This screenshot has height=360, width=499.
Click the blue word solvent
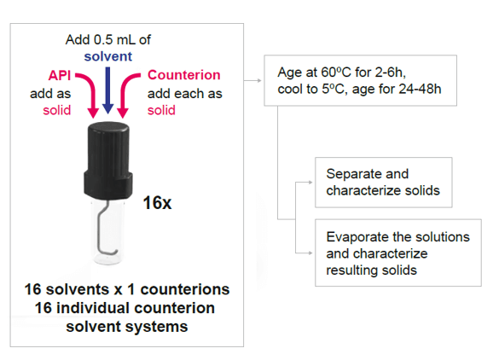107,56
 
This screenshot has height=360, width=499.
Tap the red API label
60,75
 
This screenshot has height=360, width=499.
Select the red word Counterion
184,75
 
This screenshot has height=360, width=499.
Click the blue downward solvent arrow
107,90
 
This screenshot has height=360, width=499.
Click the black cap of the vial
107,160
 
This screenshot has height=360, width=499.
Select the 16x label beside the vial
157,202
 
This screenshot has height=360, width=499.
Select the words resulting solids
371,270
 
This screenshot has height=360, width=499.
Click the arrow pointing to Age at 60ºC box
252,80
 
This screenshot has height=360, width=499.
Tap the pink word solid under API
56,110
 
